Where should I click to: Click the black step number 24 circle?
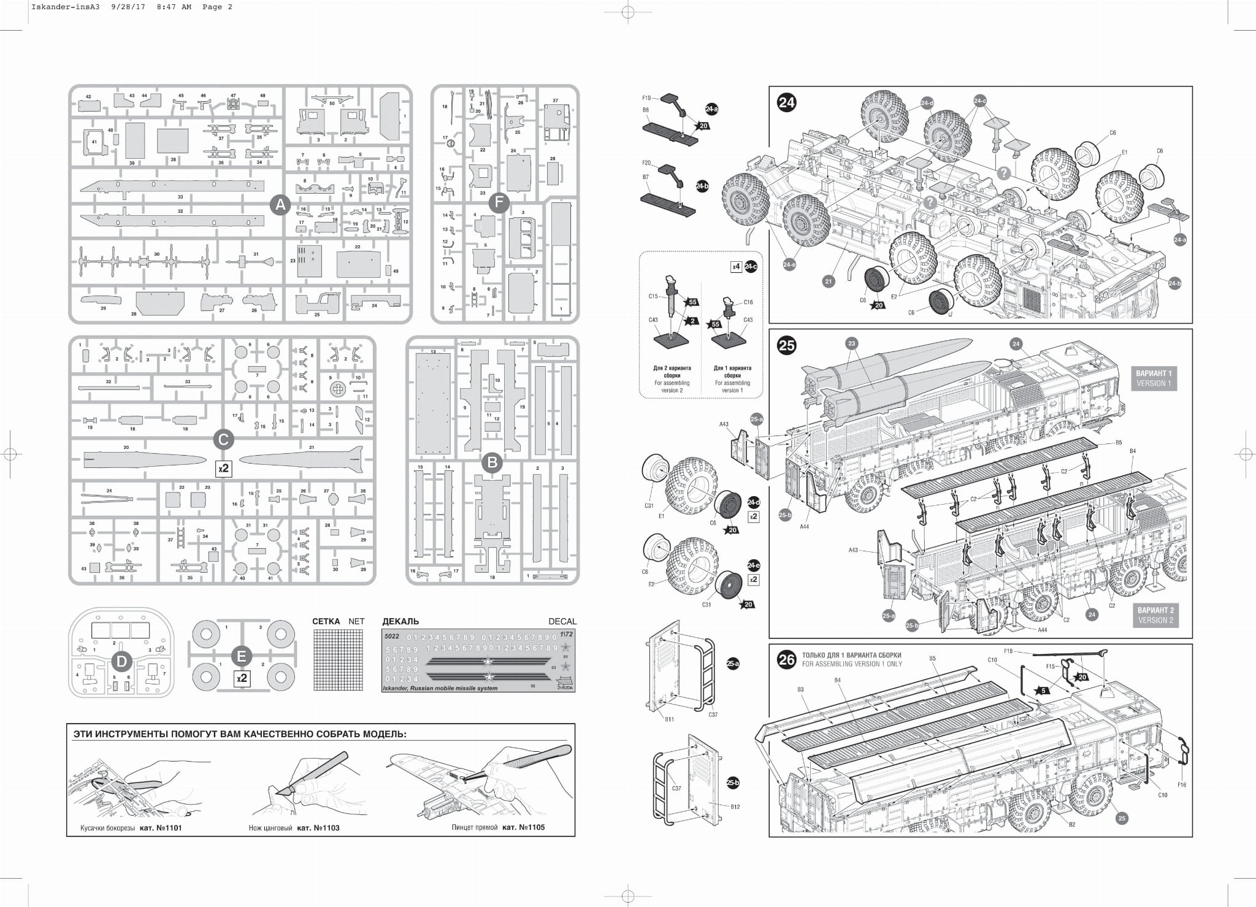coord(786,102)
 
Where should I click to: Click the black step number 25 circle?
coord(786,346)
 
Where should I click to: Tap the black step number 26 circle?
coord(786,660)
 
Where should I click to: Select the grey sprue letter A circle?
coord(280,204)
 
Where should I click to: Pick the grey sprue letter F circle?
coord(499,202)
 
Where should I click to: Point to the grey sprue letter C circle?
coord(223,439)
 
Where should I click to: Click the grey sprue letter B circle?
coord(492,462)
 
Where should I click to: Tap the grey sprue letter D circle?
coord(121,660)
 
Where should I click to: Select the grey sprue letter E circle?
coord(241,657)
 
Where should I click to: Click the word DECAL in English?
coord(562,621)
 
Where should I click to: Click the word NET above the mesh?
coord(356,621)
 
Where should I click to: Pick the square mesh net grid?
coord(339,660)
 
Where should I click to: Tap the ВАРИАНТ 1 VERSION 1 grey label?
coord(1154,378)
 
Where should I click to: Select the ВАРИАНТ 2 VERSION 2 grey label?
coord(1155,615)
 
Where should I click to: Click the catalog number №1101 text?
coord(161,828)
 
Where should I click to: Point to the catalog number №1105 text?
coord(523,827)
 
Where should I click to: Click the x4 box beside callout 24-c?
coord(736,267)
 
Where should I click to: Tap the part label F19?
coord(646,98)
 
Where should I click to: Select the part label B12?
coord(735,806)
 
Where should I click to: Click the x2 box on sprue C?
coord(224,469)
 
